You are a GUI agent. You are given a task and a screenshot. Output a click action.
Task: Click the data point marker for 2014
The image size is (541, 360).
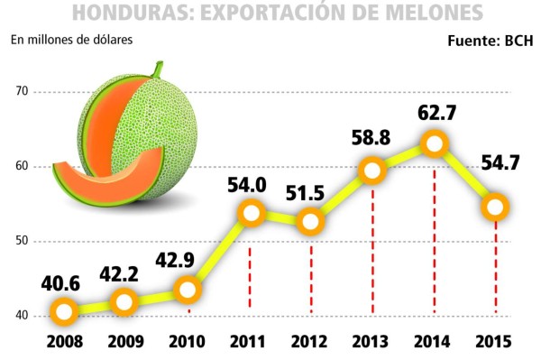point(435,144)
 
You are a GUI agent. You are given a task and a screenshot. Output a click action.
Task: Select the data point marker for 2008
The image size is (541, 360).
point(63,313)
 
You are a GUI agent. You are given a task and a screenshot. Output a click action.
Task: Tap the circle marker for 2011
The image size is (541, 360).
point(251,214)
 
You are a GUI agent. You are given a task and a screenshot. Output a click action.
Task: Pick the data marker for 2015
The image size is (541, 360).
point(496,207)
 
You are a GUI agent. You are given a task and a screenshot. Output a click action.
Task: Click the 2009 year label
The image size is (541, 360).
point(125,343)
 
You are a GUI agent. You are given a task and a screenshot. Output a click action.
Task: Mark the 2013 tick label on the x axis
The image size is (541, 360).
point(372,343)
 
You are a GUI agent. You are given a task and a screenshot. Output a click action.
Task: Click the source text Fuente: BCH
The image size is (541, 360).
point(491,42)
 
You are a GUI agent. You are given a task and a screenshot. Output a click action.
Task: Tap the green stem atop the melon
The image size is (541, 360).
point(157,70)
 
